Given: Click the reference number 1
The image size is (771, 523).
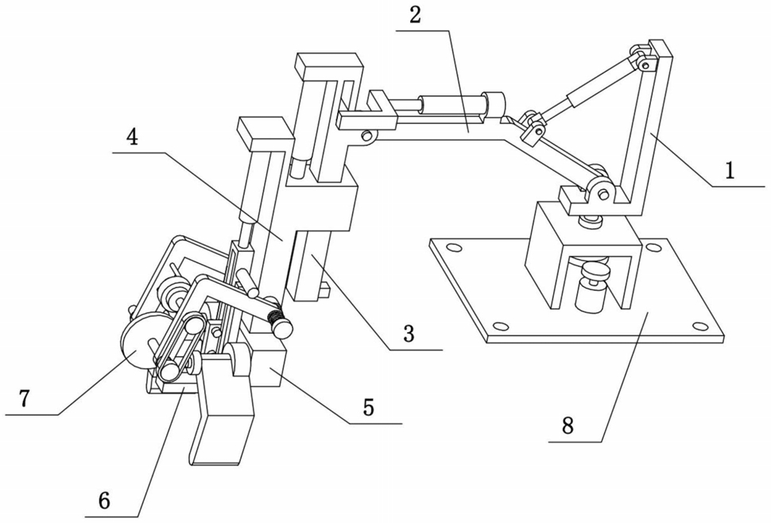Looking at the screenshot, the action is (x=730, y=171).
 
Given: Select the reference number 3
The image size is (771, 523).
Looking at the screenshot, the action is (x=409, y=333).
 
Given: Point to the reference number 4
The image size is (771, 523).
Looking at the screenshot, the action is (x=131, y=138).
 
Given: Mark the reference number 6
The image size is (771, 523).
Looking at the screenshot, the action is (x=104, y=501).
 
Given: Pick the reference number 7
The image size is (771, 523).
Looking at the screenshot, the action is (x=25, y=399).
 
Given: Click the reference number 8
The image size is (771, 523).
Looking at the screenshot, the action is (x=568, y=426).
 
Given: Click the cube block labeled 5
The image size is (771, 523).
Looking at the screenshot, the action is (x=268, y=366).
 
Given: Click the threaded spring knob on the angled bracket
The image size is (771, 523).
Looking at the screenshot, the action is (x=279, y=322).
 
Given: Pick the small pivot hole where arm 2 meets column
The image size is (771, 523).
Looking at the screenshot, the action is (x=366, y=136).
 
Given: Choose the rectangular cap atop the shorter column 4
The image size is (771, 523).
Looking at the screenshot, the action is (x=261, y=133).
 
